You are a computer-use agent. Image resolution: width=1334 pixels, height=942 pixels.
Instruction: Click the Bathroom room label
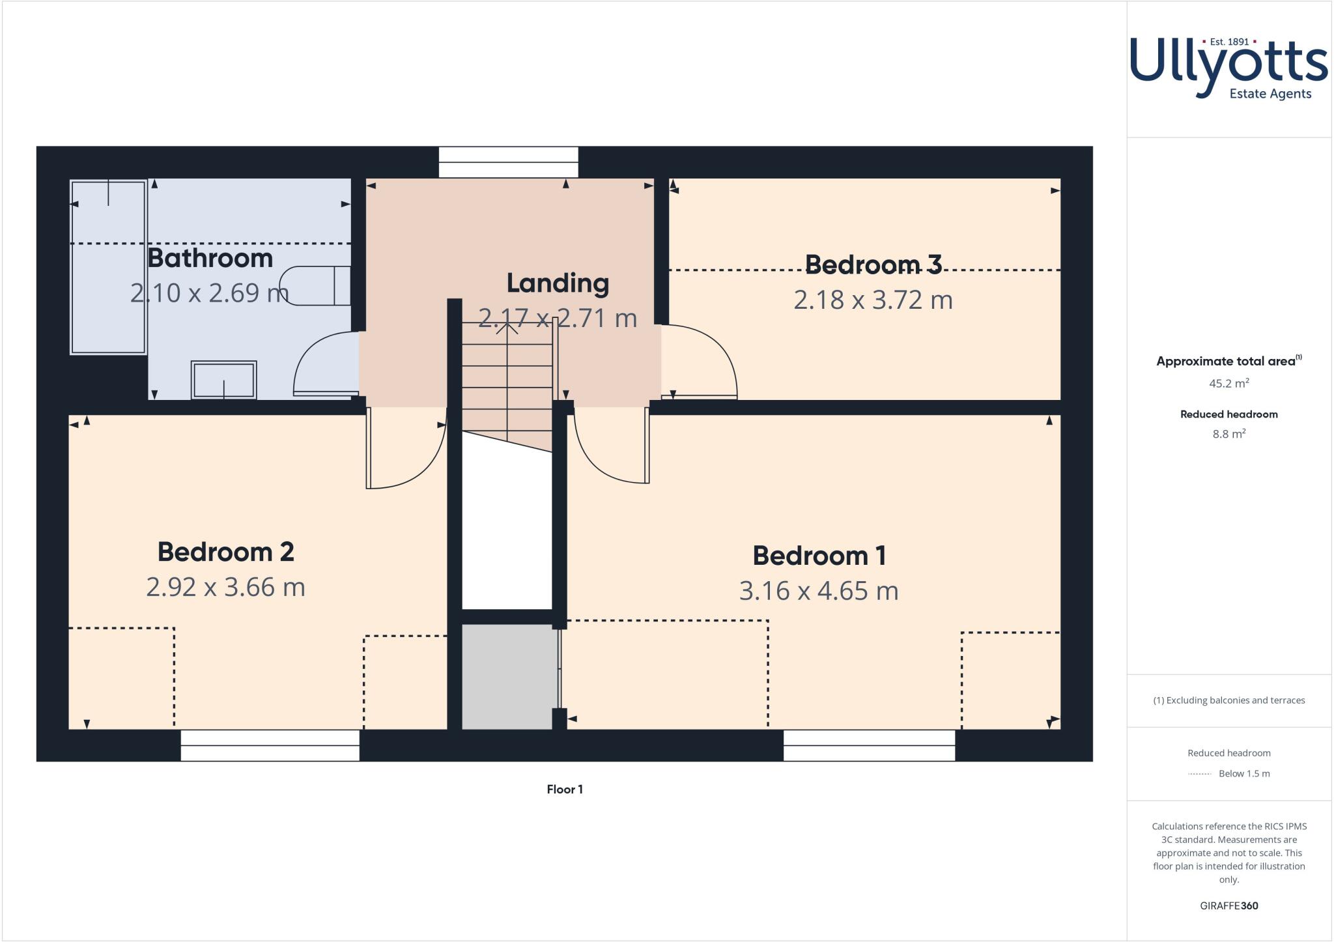coord(210,259)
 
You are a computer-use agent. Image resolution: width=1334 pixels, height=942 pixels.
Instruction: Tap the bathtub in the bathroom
coord(108,267)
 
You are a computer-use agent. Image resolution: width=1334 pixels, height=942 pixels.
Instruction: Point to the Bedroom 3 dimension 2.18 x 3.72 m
coord(873,300)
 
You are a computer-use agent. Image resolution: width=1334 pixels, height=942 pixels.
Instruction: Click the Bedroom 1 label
coord(819,556)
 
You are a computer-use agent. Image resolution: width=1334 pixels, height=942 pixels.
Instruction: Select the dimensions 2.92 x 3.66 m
coord(225,588)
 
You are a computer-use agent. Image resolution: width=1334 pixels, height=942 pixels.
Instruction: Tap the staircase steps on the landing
coord(507,384)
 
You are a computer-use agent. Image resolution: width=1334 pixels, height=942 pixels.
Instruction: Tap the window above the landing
coord(508,162)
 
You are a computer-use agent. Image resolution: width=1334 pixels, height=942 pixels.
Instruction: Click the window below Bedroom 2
coord(270,745)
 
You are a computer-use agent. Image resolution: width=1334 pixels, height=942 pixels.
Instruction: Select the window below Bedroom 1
coord(869,745)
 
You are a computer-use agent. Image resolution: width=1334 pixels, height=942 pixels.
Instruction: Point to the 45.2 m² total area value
coord(1228,384)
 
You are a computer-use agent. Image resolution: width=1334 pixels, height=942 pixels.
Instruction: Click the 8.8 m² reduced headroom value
coord(1228,435)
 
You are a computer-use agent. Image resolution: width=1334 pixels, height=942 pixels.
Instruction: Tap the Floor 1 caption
coord(565,790)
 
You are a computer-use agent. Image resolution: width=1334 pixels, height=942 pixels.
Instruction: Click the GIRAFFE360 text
coord(1228,906)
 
